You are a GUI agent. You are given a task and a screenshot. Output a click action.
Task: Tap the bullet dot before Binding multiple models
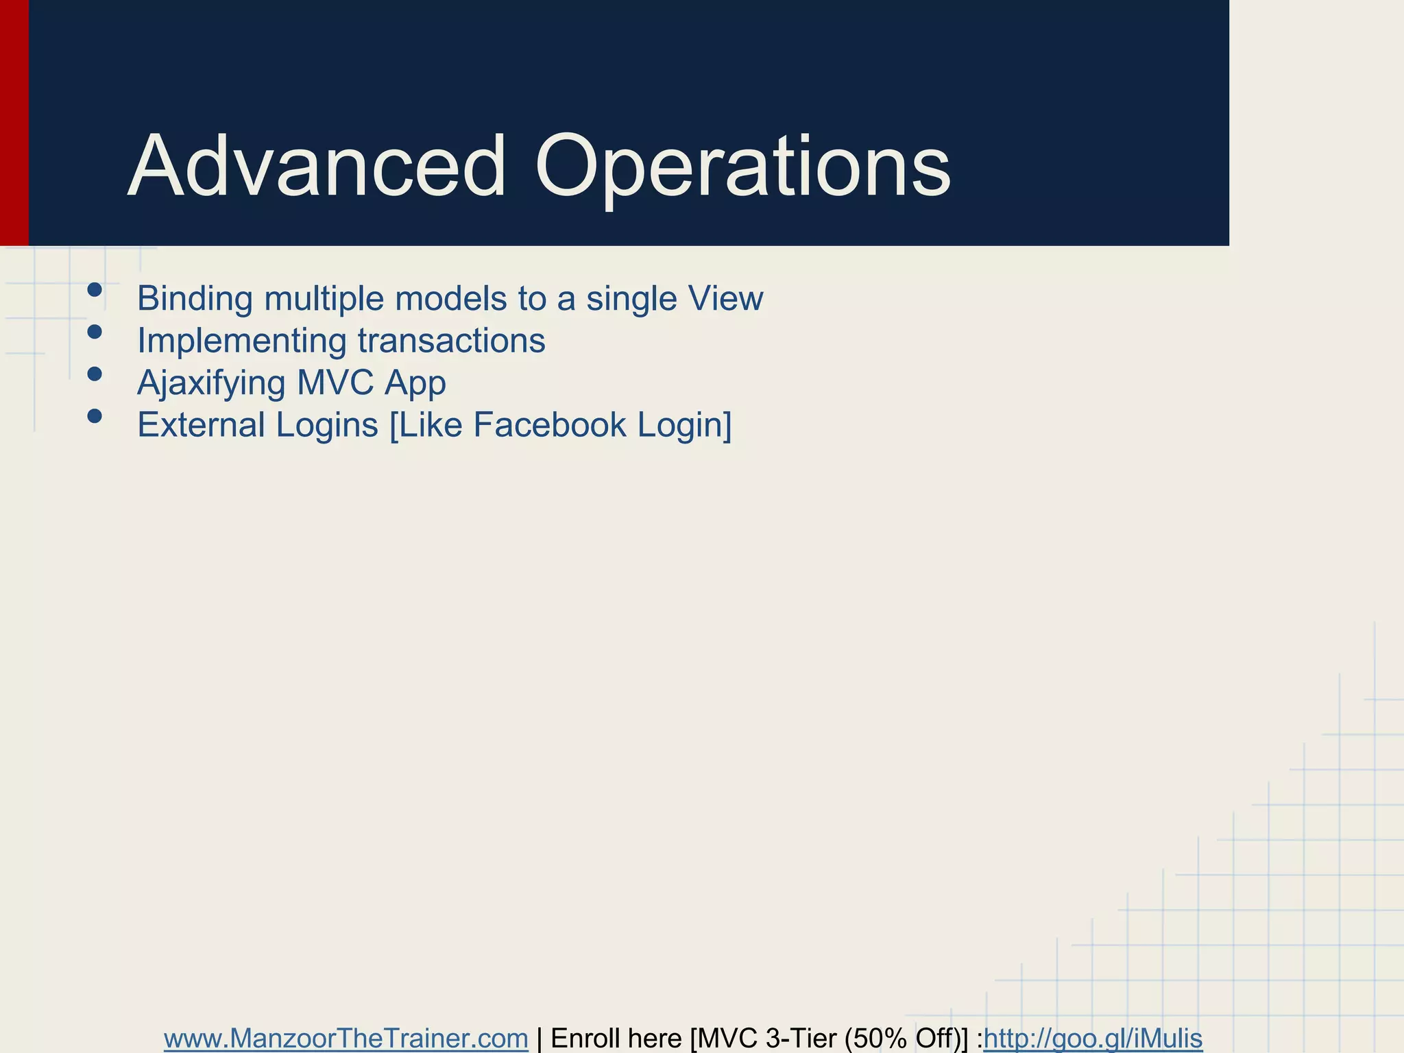point(95,291)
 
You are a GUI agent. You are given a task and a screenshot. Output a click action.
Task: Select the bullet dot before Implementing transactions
point(95,332)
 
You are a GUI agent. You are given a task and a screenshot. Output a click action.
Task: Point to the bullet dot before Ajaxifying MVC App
point(95,374)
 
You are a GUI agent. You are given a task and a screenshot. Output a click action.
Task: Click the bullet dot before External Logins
point(95,416)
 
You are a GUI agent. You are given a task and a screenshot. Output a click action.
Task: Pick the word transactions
point(451,341)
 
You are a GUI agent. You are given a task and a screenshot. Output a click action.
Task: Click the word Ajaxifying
point(210,383)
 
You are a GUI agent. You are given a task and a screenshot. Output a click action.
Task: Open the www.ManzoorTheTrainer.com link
point(346,1039)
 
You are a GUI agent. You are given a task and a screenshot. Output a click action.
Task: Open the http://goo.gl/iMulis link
point(1093,1039)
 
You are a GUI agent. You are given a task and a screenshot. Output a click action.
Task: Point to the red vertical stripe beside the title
point(14,123)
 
